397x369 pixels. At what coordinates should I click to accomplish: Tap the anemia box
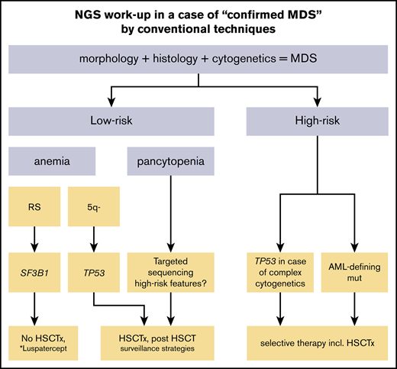(x=53, y=162)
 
